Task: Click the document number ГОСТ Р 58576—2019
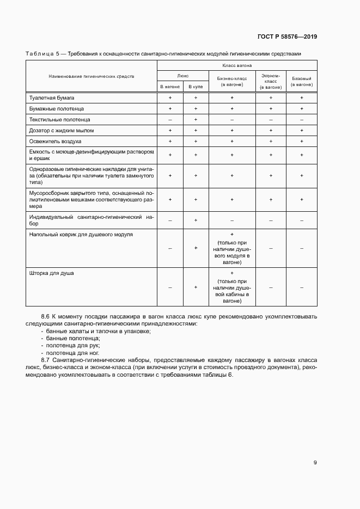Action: point(287,37)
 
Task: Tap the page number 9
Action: point(315,463)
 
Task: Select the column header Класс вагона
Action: point(233,65)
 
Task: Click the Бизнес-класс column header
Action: point(232,81)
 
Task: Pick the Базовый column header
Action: point(302,81)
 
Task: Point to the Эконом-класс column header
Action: point(271,81)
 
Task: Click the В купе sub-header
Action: point(196,87)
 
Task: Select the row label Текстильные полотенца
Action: point(60,119)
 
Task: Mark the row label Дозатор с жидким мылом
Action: point(62,130)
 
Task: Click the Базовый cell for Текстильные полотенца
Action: point(302,119)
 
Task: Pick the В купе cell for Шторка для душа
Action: point(196,287)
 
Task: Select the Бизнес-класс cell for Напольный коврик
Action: point(232,248)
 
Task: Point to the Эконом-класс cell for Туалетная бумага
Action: point(271,97)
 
